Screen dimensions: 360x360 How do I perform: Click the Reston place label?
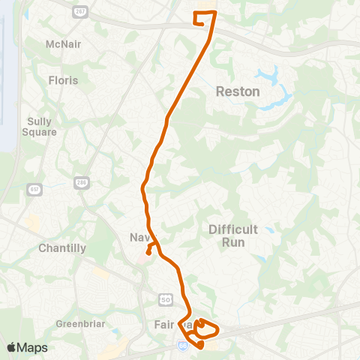(237, 91)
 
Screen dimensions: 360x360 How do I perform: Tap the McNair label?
(63, 44)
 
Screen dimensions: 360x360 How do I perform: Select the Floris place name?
(63, 79)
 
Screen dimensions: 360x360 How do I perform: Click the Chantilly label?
(61, 247)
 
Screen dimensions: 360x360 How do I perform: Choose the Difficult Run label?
(232, 235)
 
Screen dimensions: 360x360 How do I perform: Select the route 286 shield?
(81, 183)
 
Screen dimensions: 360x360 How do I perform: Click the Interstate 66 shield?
(182, 344)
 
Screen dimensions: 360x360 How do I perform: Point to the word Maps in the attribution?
(32, 347)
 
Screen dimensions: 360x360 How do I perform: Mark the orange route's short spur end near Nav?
(148, 252)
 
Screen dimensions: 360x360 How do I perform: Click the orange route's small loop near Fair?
(208, 328)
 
